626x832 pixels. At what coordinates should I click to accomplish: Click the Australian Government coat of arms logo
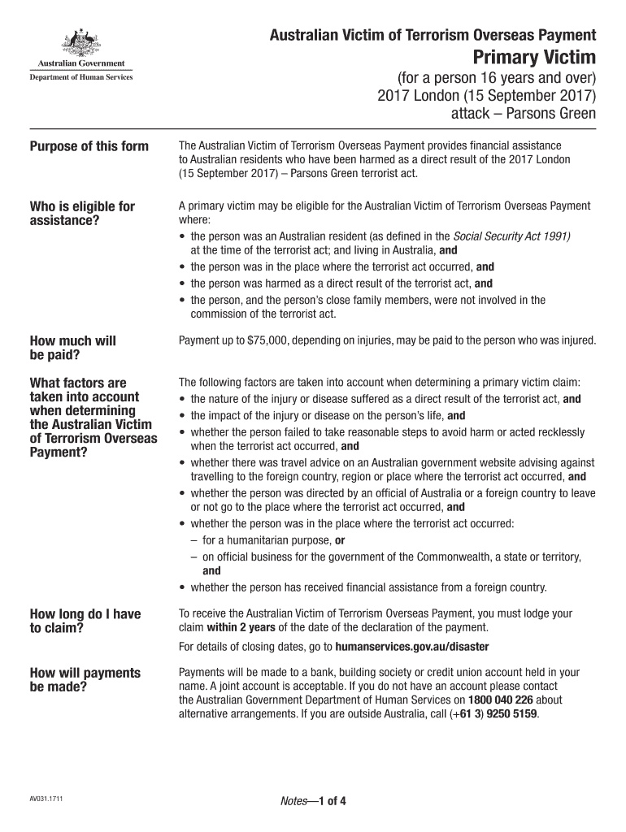[79, 41]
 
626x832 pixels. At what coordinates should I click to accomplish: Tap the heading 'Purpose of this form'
[89, 146]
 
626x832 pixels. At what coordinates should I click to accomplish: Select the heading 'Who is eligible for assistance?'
[82, 214]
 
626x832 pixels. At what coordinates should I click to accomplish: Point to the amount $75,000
[259, 340]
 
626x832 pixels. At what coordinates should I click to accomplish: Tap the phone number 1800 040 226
[501, 699]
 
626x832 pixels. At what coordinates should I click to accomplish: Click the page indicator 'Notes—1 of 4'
[313, 801]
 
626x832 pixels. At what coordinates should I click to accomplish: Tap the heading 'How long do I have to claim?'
[85, 622]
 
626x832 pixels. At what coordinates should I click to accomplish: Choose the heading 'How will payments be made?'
[85, 680]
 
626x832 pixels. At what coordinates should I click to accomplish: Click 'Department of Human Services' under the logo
[81, 78]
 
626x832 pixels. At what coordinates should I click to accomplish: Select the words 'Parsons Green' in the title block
[556, 113]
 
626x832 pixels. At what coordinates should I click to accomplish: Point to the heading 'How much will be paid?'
[72, 349]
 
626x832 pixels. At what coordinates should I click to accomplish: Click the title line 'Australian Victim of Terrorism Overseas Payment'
[433, 35]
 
